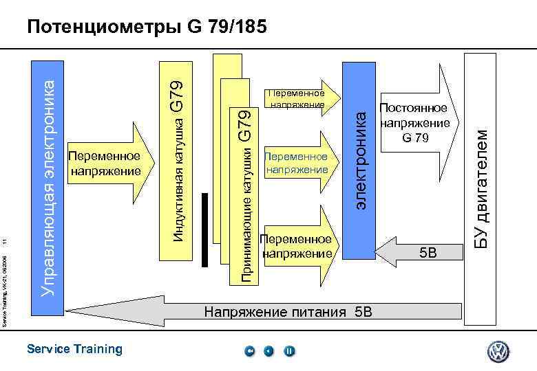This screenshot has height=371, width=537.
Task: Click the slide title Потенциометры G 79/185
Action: click(x=145, y=27)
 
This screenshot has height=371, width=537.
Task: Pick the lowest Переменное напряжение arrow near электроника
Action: click(x=296, y=245)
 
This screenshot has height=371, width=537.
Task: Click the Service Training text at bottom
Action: click(x=74, y=349)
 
